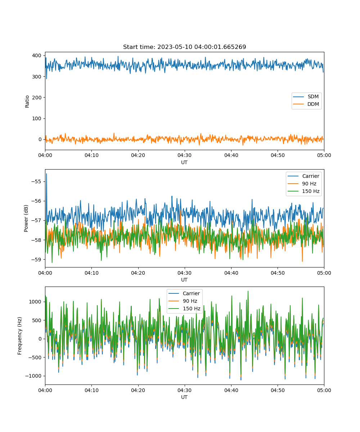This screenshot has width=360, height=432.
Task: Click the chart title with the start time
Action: [x=184, y=47]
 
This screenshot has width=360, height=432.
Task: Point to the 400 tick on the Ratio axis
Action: [x=37, y=55]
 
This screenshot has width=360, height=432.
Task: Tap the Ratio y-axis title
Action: [x=27, y=102]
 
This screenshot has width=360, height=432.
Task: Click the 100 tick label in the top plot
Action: [x=37, y=118]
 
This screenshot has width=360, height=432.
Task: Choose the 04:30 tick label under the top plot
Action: [x=184, y=155]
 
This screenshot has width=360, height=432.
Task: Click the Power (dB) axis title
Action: [x=26, y=218]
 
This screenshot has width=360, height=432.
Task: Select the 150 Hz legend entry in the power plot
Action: [x=303, y=191]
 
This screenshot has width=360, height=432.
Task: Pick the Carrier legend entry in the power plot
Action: [x=303, y=176]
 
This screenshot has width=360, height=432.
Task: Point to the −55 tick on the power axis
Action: [x=36, y=181]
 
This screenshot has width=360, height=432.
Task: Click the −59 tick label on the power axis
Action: [x=36, y=260]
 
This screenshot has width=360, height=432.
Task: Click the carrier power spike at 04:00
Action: [x=46, y=174]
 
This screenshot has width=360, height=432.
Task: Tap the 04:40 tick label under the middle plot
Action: [x=231, y=273]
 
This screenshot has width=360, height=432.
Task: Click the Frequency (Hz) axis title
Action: [x=19, y=336]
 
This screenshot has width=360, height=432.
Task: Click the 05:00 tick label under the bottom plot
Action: [x=324, y=390]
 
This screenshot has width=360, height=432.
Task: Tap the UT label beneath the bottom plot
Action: [x=184, y=397]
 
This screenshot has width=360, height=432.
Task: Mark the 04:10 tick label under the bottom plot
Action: [x=91, y=390]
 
